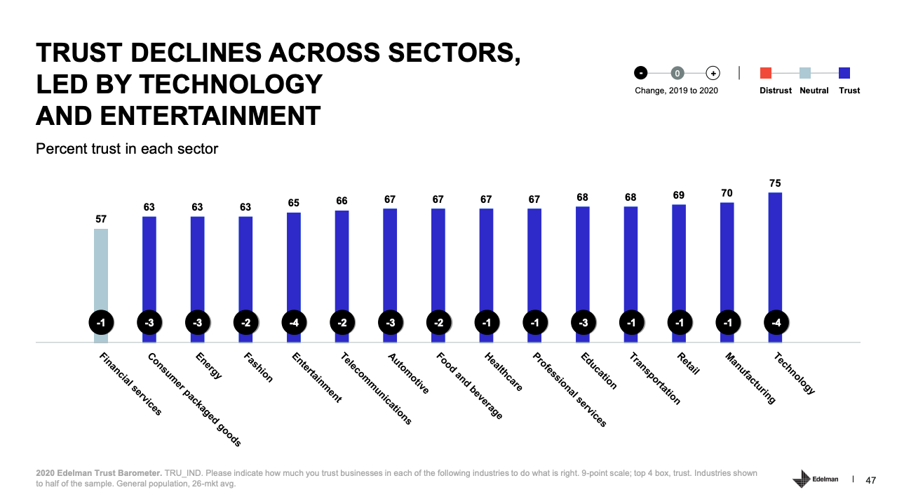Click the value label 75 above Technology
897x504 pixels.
pyautogui.click(x=775, y=183)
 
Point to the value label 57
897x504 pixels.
pyautogui.click(x=101, y=220)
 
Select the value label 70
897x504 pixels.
pyautogui.click(x=727, y=193)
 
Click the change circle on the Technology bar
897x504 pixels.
pyautogui.click(x=776, y=323)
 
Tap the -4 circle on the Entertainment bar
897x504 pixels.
pyautogui.click(x=294, y=323)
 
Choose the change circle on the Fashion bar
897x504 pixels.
pyautogui.click(x=246, y=323)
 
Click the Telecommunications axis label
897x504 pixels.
pyautogui.click(x=376, y=388)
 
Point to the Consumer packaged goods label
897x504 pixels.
pyautogui.click(x=194, y=399)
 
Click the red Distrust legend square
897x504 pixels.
pyautogui.click(x=766, y=72)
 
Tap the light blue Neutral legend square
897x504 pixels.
pyautogui.click(x=805, y=72)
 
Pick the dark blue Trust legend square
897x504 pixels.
pyautogui.click(x=844, y=72)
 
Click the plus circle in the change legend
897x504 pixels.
pyautogui.click(x=713, y=72)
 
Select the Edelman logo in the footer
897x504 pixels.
pyautogui.click(x=816, y=479)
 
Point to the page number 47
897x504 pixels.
pyautogui.click(x=871, y=480)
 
